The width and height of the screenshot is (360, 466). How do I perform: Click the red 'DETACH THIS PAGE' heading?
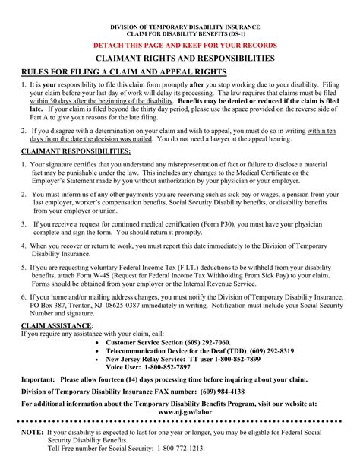(179, 46)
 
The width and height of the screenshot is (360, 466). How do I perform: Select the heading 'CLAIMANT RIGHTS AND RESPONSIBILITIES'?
(179, 59)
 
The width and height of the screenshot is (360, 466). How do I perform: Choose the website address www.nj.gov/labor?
(180, 412)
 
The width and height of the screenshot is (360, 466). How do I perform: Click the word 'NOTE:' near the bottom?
(33, 430)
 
